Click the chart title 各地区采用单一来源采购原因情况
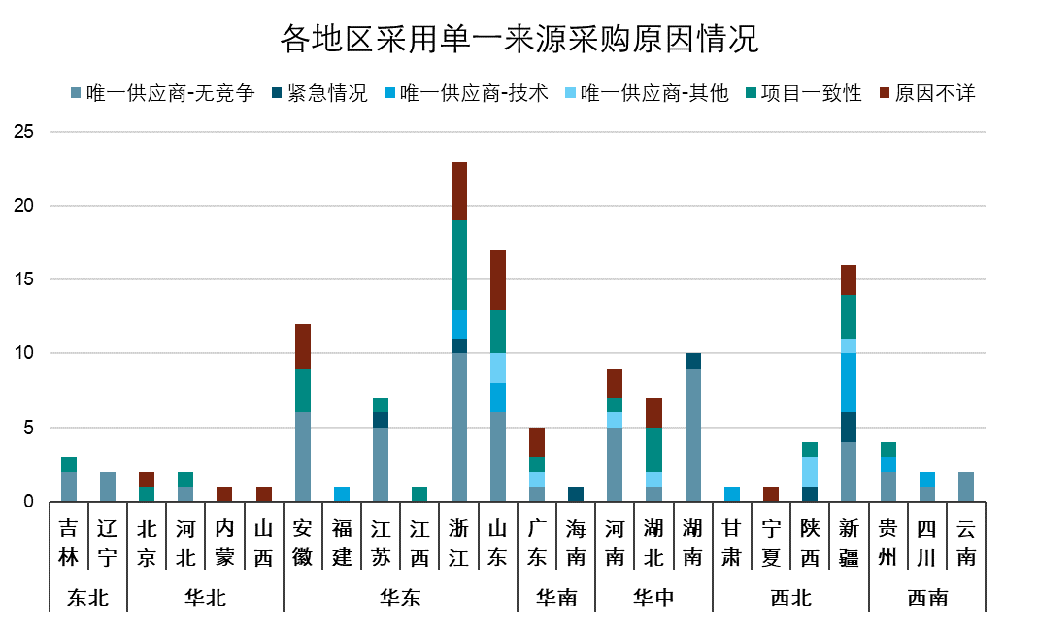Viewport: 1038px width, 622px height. pyautogui.click(x=519, y=40)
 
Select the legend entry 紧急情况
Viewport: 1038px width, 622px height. pyautogui.click(x=327, y=94)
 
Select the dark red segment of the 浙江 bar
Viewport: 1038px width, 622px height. pyautogui.click(x=459, y=191)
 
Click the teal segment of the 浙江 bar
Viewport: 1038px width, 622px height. pyautogui.click(x=459, y=265)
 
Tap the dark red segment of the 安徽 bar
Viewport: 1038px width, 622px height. pyautogui.click(x=303, y=346)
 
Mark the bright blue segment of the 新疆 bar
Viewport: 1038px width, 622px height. pyautogui.click(x=849, y=383)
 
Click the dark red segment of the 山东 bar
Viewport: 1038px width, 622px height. pyautogui.click(x=498, y=280)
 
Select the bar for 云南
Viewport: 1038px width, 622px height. pyautogui.click(x=965, y=486)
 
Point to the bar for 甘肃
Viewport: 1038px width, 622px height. pyautogui.click(x=732, y=494)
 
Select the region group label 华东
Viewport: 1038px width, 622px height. pyautogui.click(x=400, y=598)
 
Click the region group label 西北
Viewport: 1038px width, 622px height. pyautogui.click(x=790, y=598)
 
